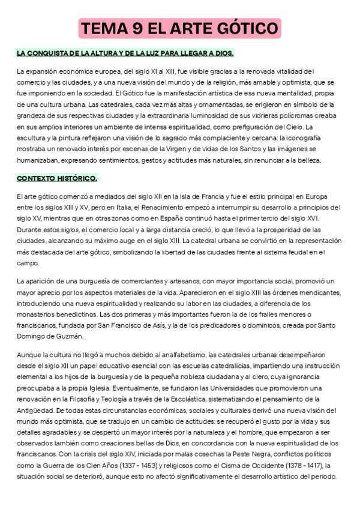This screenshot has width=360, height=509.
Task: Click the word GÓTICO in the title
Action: tap(247, 28)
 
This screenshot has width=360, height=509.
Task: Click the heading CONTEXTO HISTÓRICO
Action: tap(57, 178)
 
